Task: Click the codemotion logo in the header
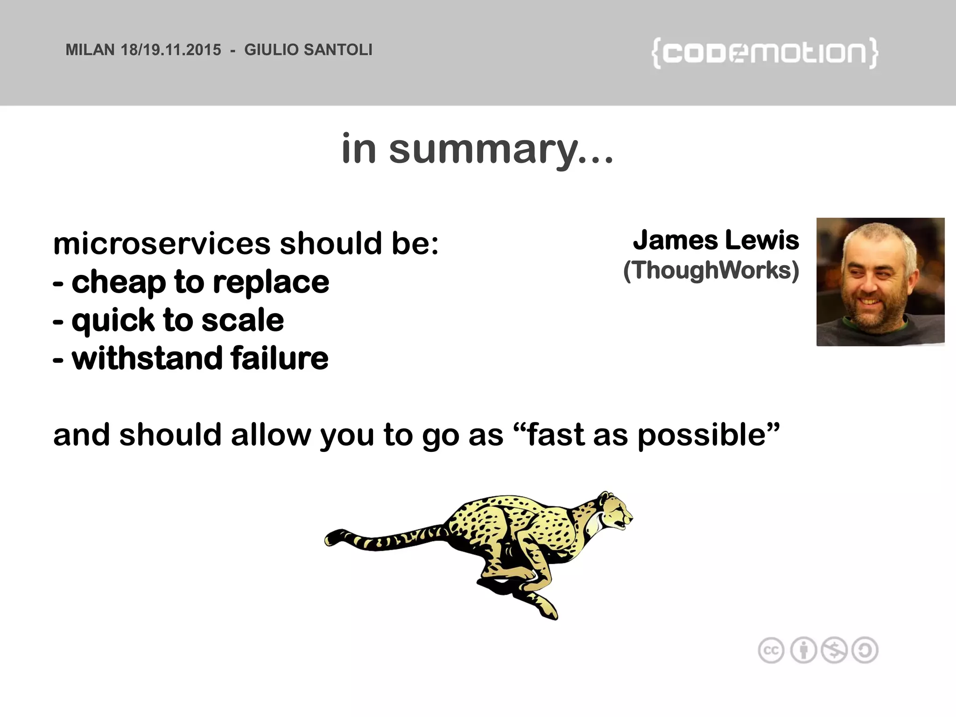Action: click(x=765, y=53)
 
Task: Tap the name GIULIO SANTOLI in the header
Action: click(x=308, y=50)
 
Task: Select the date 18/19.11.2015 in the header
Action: click(x=171, y=50)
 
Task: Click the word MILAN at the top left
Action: click(x=90, y=50)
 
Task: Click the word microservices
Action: click(x=162, y=244)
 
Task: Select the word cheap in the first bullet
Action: click(x=119, y=282)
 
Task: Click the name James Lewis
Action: click(x=716, y=240)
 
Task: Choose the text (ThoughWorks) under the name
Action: click(x=711, y=270)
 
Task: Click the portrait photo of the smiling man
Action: click(x=880, y=282)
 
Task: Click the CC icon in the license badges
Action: click(x=771, y=650)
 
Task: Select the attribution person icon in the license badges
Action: click(x=803, y=650)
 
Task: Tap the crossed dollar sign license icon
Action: click(x=834, y=650)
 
